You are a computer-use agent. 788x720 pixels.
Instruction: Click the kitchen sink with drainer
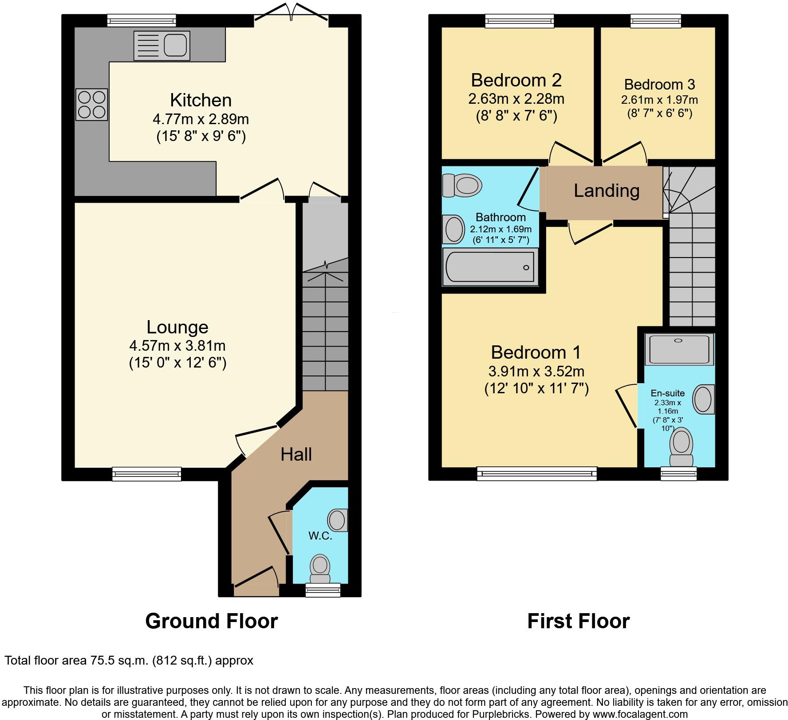tap(162, 45)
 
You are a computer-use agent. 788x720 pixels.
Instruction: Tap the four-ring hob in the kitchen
tap(92, 105)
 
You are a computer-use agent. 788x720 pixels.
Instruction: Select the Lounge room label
tap(177, 327)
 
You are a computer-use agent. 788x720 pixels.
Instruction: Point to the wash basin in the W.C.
tap(337, 520)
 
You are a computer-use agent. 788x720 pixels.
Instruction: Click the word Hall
tap(296, 454)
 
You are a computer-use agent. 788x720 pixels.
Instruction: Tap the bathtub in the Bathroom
tap(490, 267)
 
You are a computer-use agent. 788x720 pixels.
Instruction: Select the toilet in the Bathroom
tap(462, 184)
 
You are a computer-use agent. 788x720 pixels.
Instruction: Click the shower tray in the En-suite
tap(679, 349)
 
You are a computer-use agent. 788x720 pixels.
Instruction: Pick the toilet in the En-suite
tap(681, 447)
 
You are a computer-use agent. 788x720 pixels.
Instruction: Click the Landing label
tap(606, 191)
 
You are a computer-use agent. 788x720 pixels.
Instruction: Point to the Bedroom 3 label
tap(659, 84)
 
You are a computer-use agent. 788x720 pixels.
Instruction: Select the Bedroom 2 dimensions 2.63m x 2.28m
tap(516, 98)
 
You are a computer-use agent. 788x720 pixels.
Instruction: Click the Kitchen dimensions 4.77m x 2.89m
tap(201, 119)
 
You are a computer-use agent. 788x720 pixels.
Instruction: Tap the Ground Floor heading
tap(211, 621)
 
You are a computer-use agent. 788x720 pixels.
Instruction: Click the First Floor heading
tap(578, 621)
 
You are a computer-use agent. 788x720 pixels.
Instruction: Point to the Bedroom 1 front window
tap(537, 473)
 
